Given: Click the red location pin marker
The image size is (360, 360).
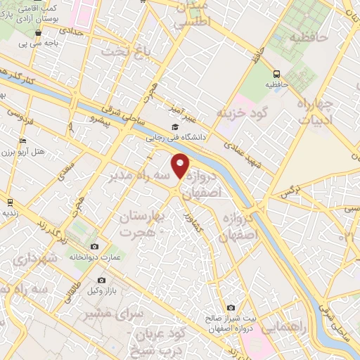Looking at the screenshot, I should [x=181, y=167].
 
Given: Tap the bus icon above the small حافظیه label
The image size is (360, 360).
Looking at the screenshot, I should [x=276, y=73].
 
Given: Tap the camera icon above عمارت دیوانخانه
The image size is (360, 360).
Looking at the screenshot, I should [x=94, y=246].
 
